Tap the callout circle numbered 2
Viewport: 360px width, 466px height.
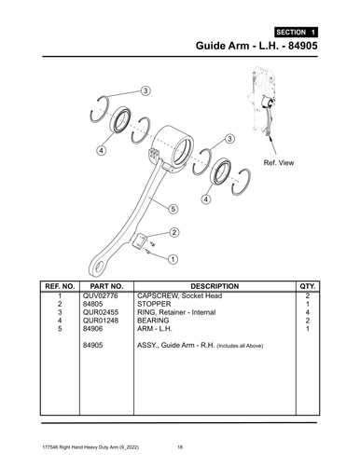(173, 232)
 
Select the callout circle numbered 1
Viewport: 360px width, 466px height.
(173, 255)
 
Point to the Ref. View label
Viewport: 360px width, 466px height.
(280, 163)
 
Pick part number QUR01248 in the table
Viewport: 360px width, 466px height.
(103, 320)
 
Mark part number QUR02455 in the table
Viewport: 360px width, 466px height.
(103, 311)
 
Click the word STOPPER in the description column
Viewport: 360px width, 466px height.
(154, 303)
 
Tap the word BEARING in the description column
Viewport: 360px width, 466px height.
(153, 320)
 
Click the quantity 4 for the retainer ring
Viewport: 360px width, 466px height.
(307, 311)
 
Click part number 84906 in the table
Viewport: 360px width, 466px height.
(93, 328)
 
